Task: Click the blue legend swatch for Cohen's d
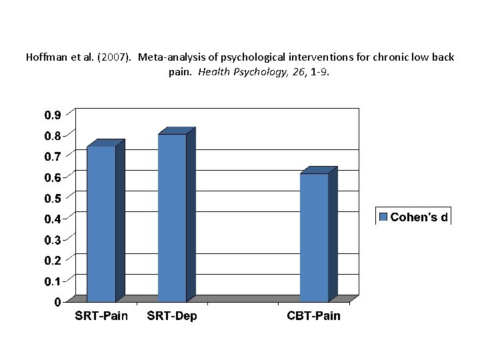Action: pyautogui.click(x=383, y=217)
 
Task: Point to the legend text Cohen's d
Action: pyautogui.click(x=419, y=217)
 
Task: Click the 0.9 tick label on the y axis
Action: pyautogui.click(x=53, y=115)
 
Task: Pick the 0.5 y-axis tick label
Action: pyautogui.click(x=53, y=198)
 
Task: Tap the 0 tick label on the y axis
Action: pyautogui.click(x=58, y=302)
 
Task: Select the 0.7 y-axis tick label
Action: pyautogui.click(x=53, y=157)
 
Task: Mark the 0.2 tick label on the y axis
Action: pyautogui.click(x=53, y=260)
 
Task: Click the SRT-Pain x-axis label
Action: pyautogui.click(x=101, y=315)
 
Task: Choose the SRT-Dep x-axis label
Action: pyautogui.click(x=172, y=316)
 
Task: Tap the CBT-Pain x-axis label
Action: pyautogui.click(x=313, y=315)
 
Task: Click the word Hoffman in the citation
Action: pyautogui.click(x=45, y=57)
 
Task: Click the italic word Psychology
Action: pyautogui.click(x=260, y=72)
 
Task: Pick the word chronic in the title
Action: pyautogui.click(x=386, y=57)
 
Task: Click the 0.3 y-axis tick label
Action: pyautogui.click(x=53, y=240)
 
